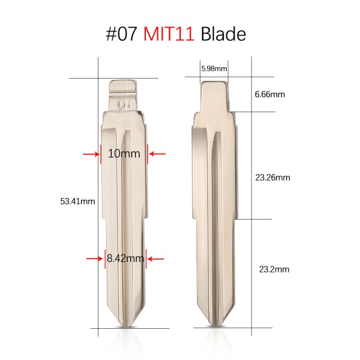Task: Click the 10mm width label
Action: pos(124,154)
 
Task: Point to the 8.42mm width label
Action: pos(125,259)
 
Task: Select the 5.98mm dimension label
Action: pos(214,68)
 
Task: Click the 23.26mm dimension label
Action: pos(272,178)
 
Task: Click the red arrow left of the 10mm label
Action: pos(92,154)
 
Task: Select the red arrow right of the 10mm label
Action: pos(157,154)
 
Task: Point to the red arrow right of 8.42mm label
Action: pos(155,259)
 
